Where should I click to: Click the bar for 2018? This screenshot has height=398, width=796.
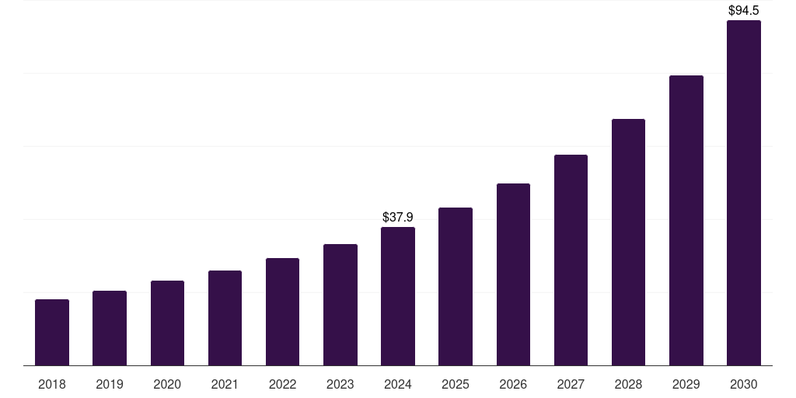pos(52,332)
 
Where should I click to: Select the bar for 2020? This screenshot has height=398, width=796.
pos(167,323)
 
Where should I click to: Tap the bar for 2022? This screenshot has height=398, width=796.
pos(282,312)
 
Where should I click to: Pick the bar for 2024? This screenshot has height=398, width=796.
pos(398,296)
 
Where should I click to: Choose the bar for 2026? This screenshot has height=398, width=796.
pos(513,274)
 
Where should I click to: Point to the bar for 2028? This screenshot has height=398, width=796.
pos(628,242)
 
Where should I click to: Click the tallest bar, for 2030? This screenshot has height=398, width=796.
pos(744,193)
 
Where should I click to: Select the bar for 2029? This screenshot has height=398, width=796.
pos(686,220)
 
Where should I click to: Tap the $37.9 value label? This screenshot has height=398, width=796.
pos(398,217)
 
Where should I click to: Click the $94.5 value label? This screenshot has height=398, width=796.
pos(744,11)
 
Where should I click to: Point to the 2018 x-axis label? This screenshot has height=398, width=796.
pos(52,384)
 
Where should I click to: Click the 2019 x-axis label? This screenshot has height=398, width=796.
pos(110,384)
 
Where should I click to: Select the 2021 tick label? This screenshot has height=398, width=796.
pos(225,384)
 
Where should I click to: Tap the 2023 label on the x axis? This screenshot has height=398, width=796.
pos(340,384)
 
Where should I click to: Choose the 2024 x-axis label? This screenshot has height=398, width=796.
pos(398,384)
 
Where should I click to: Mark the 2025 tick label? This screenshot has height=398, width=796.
pos(456,384)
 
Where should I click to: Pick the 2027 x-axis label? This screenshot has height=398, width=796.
pos(571,384)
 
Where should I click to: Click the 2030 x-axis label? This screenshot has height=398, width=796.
pos(744,384)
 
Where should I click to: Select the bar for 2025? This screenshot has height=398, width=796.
pos(456,286)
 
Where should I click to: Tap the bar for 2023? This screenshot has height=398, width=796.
pos(340,305)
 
